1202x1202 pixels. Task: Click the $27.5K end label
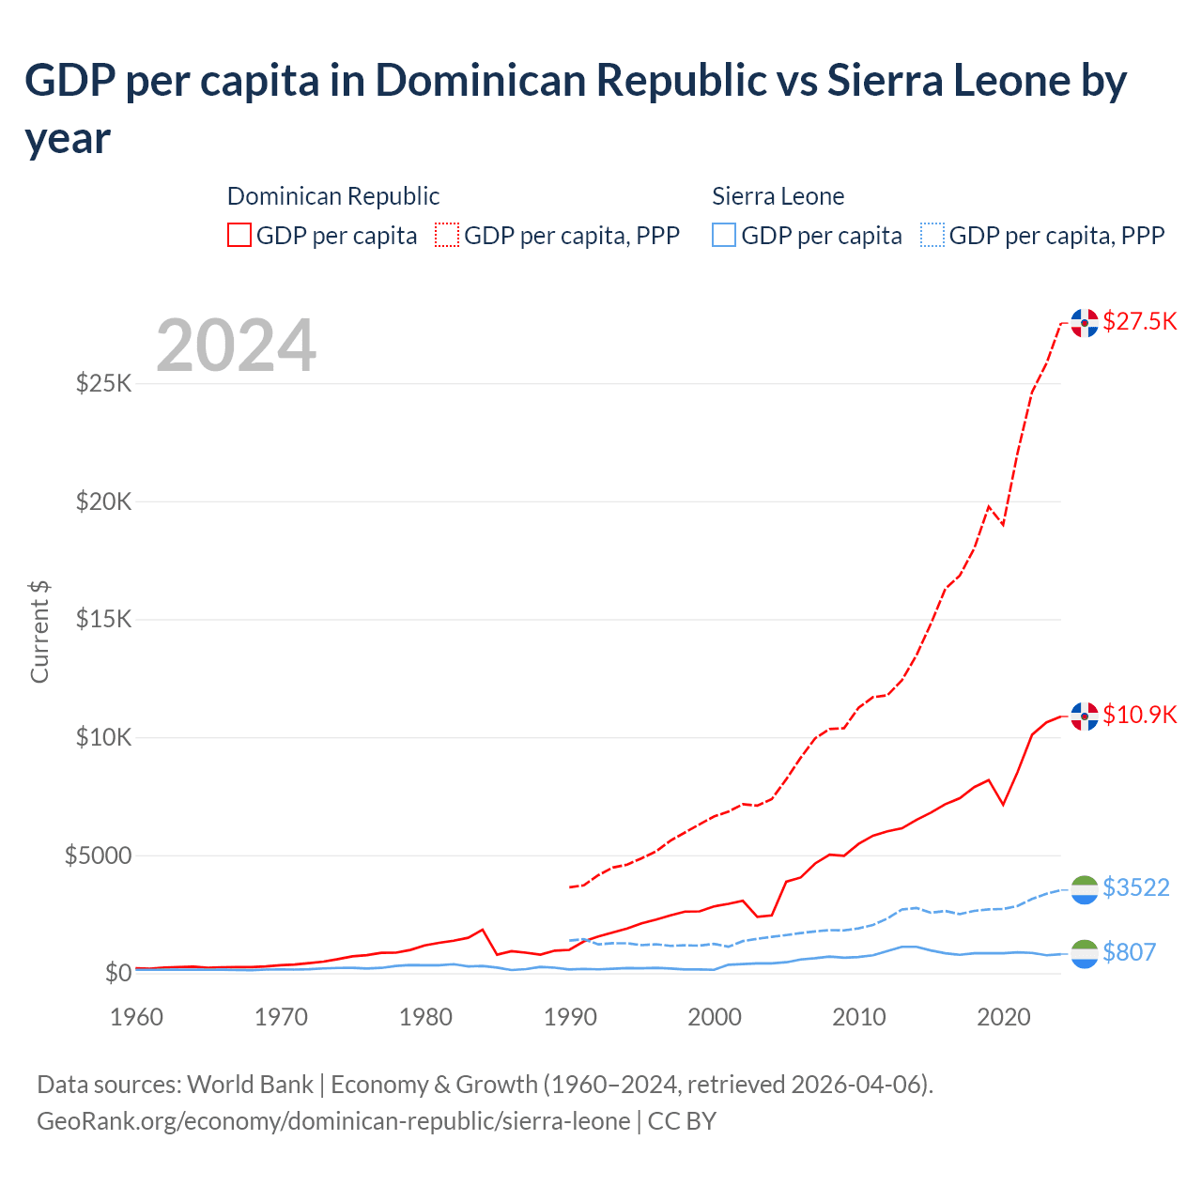(1139, 321)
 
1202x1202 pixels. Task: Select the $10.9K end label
(1139, 715)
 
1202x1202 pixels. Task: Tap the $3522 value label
(1135, 887)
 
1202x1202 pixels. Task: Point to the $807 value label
(1129, 952)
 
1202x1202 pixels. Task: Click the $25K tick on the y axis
(103, 383)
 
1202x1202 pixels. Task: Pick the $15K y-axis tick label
(103, 620)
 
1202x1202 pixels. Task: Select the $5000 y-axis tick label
(98, 855)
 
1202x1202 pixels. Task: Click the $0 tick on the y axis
(117, 973)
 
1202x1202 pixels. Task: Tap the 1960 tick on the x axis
(137, 1017)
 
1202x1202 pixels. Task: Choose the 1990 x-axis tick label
(570, 1017)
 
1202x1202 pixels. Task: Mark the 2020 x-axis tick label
(1004, 1017)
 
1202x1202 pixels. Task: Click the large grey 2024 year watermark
(236, 346)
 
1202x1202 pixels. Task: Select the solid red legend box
(239, 235)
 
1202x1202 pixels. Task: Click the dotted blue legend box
(932, 235)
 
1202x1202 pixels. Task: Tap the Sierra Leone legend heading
(778, 196)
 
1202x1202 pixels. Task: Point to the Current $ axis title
(39, 632)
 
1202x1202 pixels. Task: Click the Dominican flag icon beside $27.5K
(1085, 322)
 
